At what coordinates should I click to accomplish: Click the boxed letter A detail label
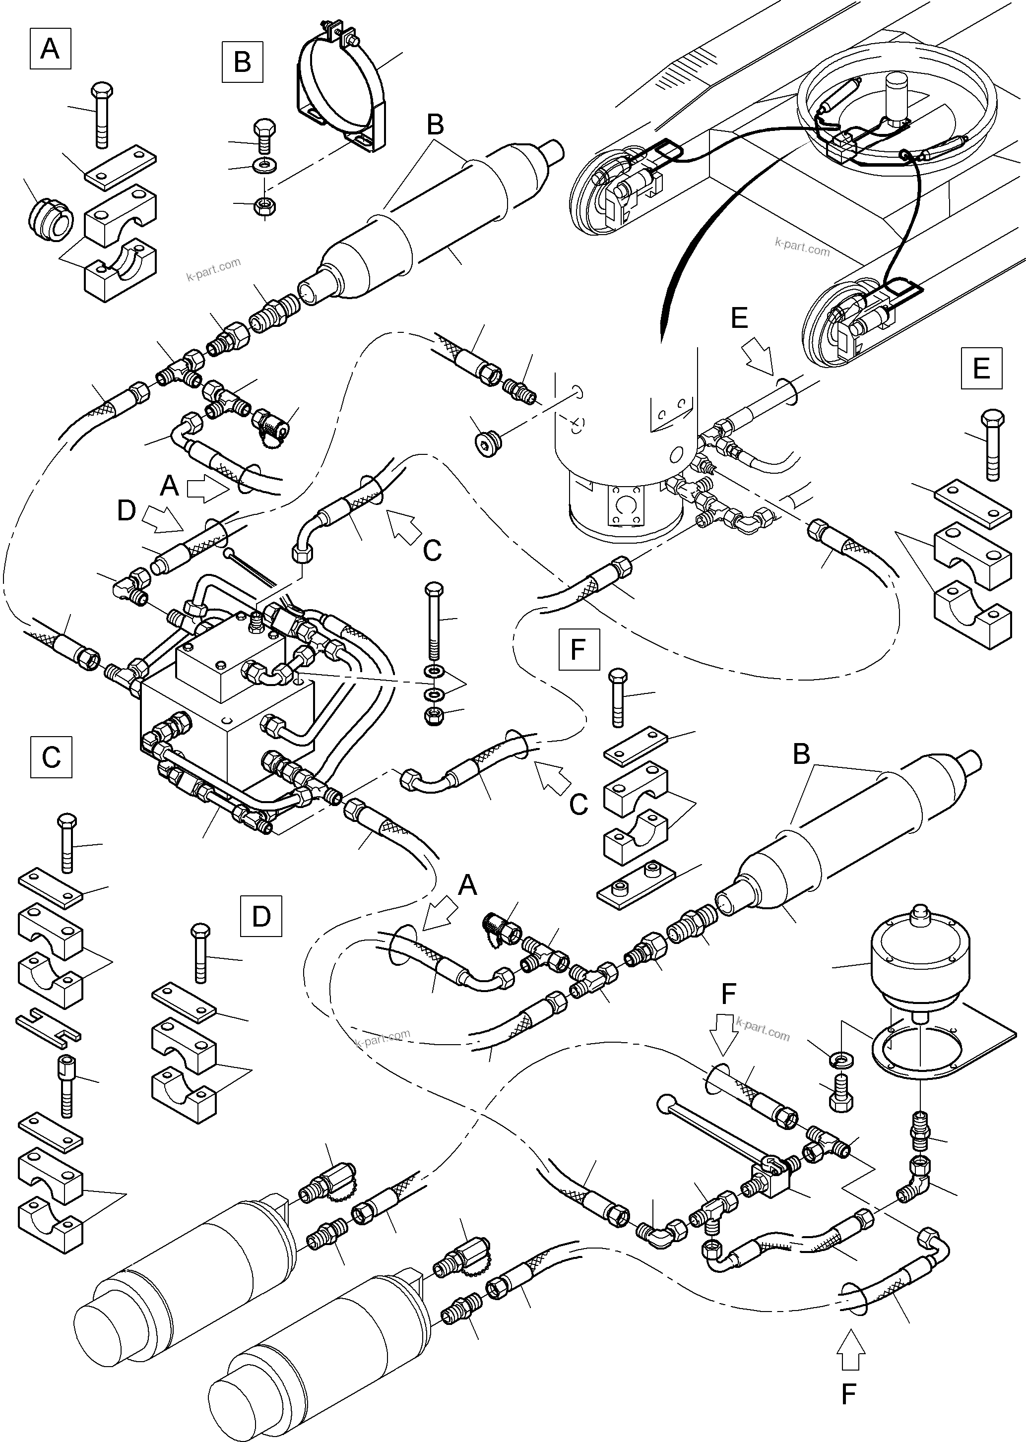(50, 48)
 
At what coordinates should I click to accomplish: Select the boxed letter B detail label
(243, 62)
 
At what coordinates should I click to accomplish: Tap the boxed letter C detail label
(51, 756)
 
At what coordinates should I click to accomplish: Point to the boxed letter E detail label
(981, 368)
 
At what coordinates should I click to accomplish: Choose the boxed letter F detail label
(578, 649)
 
